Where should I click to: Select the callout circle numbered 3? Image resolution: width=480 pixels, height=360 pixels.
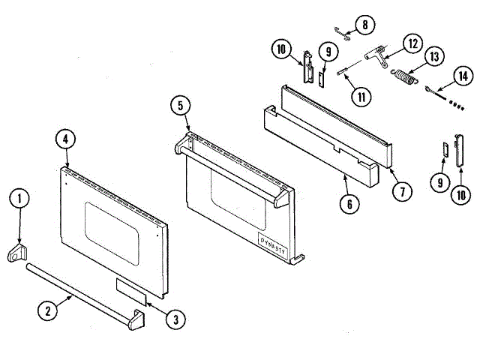175,320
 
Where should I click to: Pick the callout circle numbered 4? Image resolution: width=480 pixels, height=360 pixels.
66,139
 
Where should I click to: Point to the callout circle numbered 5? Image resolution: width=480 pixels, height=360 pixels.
179,106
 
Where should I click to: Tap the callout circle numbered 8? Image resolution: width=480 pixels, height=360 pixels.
364,25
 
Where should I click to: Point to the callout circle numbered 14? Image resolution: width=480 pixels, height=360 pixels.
463,75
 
